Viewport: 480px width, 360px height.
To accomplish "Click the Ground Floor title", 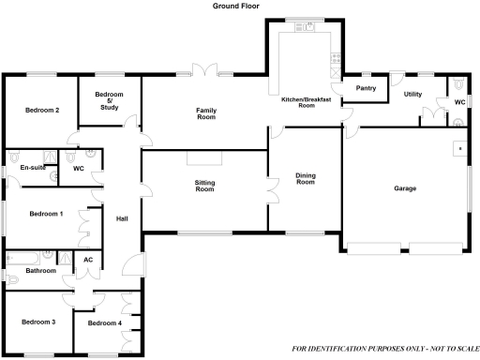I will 234,6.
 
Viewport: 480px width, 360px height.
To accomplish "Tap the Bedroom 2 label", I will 42,111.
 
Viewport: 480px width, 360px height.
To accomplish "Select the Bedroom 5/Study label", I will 110,101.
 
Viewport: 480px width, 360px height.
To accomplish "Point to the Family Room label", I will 206,113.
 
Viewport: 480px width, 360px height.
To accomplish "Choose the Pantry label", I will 367,89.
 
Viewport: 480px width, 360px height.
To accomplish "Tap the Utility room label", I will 412,95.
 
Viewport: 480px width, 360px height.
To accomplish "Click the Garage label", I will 405,188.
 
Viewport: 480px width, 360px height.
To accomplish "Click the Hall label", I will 122,219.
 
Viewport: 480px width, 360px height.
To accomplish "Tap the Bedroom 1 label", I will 46,214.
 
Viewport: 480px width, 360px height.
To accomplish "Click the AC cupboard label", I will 88,260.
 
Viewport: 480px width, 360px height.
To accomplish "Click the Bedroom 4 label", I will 104,323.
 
